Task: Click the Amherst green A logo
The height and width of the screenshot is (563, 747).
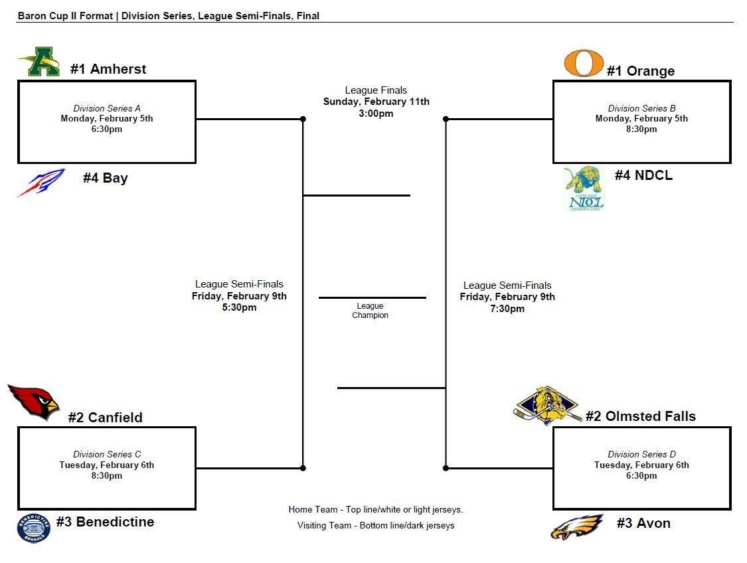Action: tap(39, 62)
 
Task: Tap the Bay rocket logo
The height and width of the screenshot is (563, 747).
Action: tap(41, 183)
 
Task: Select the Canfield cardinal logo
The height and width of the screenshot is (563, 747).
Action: tap(33, 402)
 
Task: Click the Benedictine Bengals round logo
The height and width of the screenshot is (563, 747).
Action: tap(33, 528)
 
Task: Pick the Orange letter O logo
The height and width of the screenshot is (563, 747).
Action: tap(583, 63)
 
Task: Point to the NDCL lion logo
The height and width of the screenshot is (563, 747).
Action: tap(584, 189)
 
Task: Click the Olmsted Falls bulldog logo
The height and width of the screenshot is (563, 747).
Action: tap(547, 406)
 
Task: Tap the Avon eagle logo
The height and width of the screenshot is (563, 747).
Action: tap(577, 527)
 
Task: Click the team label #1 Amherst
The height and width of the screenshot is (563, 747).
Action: tap(108, 69)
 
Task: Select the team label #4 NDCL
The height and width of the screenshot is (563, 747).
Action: tap(643, 175)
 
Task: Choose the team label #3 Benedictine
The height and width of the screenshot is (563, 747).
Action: tap(106, 522)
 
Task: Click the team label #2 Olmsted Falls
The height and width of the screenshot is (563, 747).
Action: tap(641, 416)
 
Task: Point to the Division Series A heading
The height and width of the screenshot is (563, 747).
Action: tap(107, 109)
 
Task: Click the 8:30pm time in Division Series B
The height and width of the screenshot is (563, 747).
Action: tap(641, 129)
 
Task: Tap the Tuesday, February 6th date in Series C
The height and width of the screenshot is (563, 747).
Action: tap(107, 465)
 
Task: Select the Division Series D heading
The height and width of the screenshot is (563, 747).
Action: tap(641, 454)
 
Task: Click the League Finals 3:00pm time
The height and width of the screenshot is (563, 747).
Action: tap(376, 114)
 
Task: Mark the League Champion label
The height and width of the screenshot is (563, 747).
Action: tap(370, 311)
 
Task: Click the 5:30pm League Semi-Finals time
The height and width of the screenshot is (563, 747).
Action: tap(239, 307)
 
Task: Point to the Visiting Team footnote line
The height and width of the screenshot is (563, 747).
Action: tap(376, 525)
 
